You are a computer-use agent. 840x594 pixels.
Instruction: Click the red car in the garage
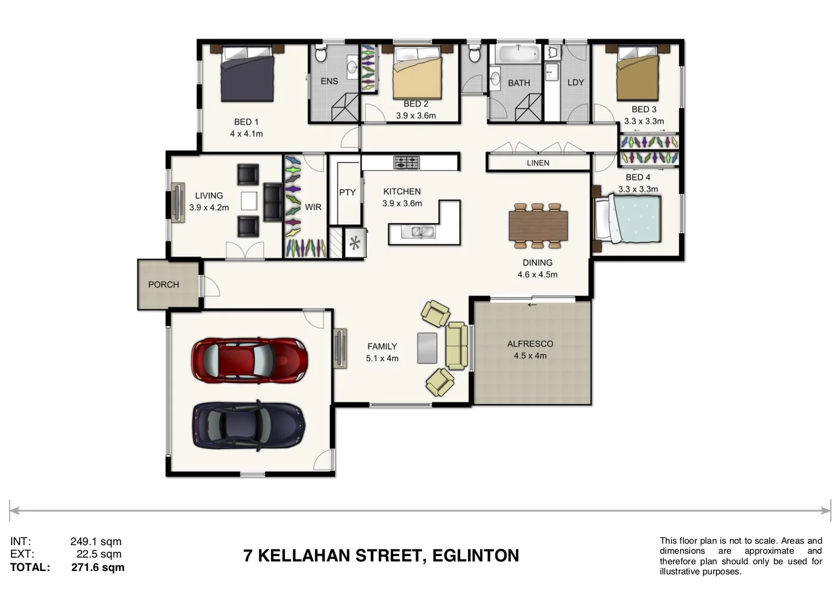click(249, 361)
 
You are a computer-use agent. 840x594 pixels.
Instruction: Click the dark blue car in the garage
click(248, 426)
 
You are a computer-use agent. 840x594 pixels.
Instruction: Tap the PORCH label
click(163, 284)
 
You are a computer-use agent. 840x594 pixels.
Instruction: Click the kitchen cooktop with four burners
click(406, 163)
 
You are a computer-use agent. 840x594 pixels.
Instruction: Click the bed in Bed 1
click(247, 75)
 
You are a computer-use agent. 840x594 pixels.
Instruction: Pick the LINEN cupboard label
click(538, 163)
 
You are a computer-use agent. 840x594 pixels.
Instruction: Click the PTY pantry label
click(347, 193)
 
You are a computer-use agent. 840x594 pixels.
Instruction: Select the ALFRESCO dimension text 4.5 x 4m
click(530, 356)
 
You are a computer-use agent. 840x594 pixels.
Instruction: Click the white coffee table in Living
click(248, 200)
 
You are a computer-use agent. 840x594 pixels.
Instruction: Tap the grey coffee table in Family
click(427, 348)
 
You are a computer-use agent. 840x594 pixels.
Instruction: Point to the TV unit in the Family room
click(340, 348)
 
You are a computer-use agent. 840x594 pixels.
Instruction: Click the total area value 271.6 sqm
click(98, 568)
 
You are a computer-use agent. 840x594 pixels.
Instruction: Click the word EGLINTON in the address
click(476, 556)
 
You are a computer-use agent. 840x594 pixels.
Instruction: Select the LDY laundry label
click(575, 82)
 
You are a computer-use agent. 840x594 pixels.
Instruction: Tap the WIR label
click(313, 207)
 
